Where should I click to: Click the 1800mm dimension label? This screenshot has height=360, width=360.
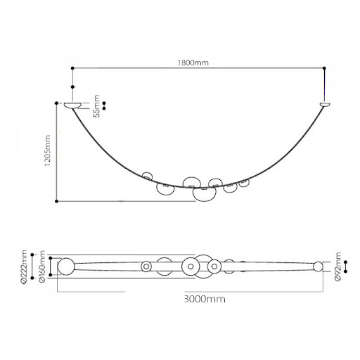pyautogui.click(x=193, y=63)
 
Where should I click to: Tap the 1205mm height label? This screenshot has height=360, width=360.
pyautogui.click(x=47, y=150)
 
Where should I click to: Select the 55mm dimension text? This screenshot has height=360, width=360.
pyautogui.click(x=96, y=106)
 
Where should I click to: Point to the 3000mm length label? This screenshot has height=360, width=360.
pyautogui.click(x=205, y=299)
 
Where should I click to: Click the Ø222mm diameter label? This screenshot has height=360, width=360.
pyautogui.click(x=24, y=267)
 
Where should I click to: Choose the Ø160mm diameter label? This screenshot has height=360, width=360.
pyautogui.click(x=42, y=267)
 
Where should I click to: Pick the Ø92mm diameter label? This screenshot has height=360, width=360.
pyautogui.click(x=337, y=267)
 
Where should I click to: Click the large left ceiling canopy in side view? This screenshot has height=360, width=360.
pyautogui.click(x=73, y=105)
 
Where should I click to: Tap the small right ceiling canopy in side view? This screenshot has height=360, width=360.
pyautogui.click(x=325, y=105)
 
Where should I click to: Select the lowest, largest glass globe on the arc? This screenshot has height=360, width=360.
pyautogui.click(x=204, y=194)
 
